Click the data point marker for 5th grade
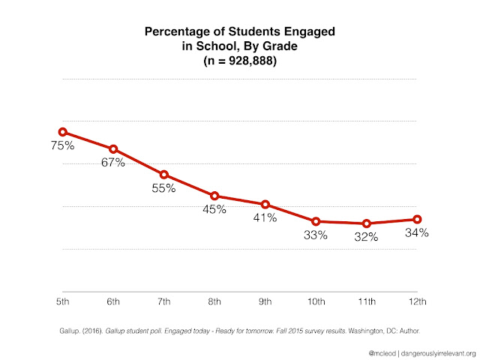tap(63, 132)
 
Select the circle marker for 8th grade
tap(214, 196)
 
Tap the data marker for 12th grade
tap(417, 219)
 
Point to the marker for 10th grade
tap(316, 221)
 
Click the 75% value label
tap(62, 145)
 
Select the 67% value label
tap(112, 163)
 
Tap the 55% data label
tap(163, 188)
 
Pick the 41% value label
tap(265, 218)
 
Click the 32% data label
tap(366, 237)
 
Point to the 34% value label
tap(416, 232)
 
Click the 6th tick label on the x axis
tap(113, 301)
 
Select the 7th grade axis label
tap(163, 301)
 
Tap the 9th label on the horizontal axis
tap(265, 301)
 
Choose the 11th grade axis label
tap(366, 301)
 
